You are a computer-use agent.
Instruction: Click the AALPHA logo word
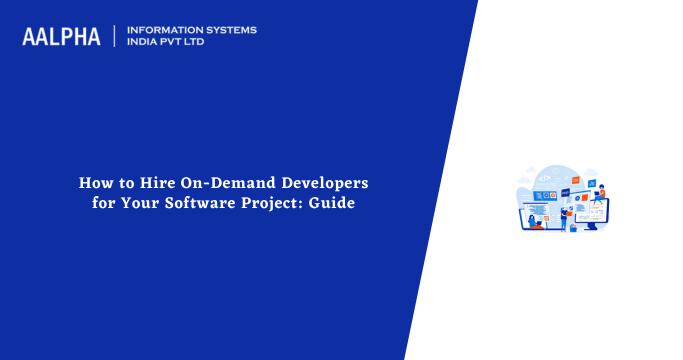pyautogui.click(x=61, y=36)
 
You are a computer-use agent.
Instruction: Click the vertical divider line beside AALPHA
pyautogui.click(x=114, y=36)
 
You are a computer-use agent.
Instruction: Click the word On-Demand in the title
pyautogui.click(x=223, y=184)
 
